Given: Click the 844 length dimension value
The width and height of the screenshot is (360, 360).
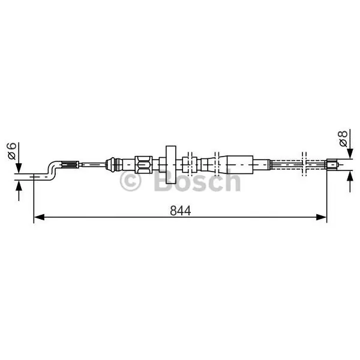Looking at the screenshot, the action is click(x=181, y=211).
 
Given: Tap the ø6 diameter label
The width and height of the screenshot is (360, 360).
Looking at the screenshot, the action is click(x=11, y=151).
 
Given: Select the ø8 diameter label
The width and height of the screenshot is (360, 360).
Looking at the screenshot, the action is click(x=343, y=139).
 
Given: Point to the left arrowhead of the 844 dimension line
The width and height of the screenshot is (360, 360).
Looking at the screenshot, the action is click(x=39, y=217).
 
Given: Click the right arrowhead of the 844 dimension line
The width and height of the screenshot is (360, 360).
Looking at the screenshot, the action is click(x=321, y=217).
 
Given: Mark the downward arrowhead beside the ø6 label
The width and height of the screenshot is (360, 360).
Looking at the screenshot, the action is click(x=19, y=168).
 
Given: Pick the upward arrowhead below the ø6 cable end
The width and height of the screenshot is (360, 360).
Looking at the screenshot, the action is click(x=19, y=185).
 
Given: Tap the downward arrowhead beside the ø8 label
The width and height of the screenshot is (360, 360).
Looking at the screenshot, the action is click(x=350, y=154).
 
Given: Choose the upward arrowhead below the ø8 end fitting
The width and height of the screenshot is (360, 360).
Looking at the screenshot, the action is click(x=350, y=176).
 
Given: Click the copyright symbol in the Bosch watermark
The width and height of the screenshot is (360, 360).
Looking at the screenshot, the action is click(x=130, y=181).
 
